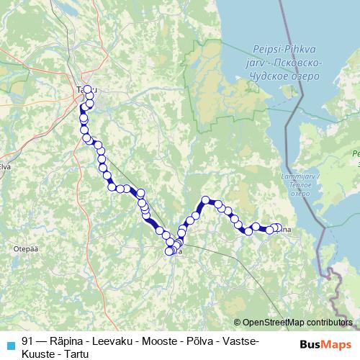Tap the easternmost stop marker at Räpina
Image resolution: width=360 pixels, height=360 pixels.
tap(278, 228)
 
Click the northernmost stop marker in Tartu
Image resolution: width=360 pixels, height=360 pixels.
tap(88, 90)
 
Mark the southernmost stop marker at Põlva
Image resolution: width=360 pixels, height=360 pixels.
tap(170, 251)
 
